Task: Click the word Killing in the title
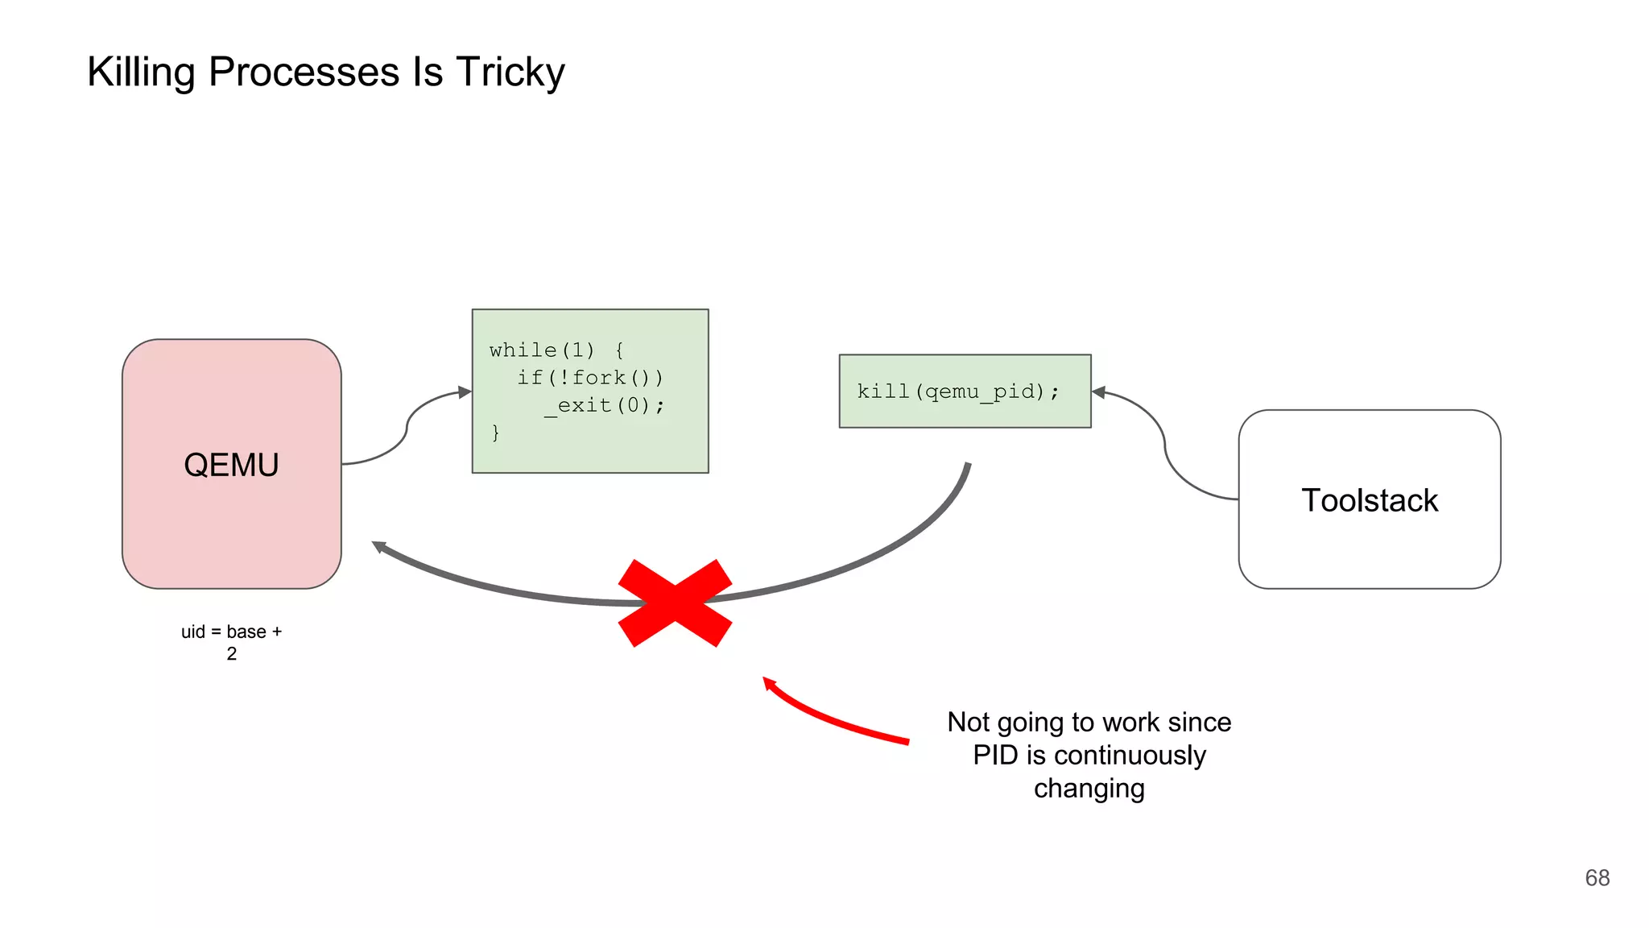(142, 72)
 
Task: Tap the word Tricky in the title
(510, 72)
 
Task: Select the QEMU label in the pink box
(231, 465)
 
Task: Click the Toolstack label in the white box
(1369, 500)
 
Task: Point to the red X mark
(675, 603)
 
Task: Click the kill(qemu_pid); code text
(957, 391)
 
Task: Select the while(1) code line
(556, 350)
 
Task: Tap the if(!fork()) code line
(589, 377)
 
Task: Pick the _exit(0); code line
(604, 404)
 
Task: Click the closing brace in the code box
(495, 433)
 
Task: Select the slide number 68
(1597, 877)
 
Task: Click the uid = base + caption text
(231, 632)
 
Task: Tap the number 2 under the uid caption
(231, 653)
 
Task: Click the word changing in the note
(1089, 788)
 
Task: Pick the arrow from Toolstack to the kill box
(1164, 443)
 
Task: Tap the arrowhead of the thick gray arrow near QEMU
(378, 547)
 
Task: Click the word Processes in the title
(304, 72)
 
